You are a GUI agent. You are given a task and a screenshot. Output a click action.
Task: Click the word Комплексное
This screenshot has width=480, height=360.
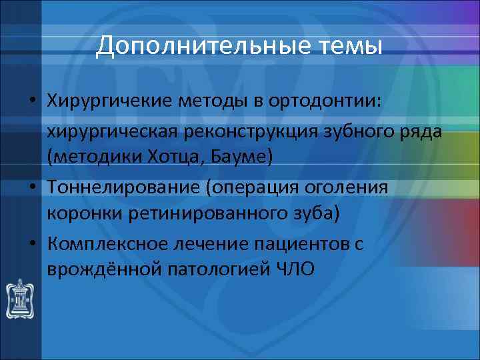tap(107, 244)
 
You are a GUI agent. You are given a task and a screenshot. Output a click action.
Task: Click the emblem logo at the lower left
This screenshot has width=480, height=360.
tap(21, 297)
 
